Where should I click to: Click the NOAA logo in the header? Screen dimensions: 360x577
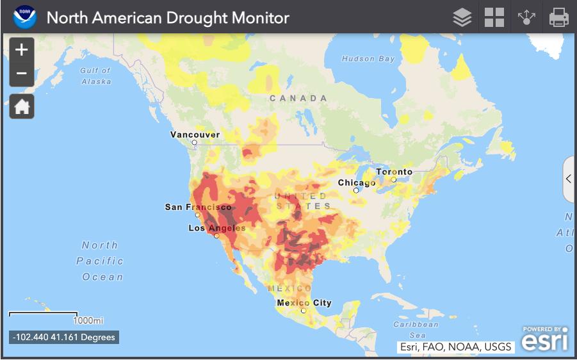pyautogui.click(x=24, y=17)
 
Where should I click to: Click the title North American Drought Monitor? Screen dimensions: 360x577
pyautogui.click(x=168, y=17)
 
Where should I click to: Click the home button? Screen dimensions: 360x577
pyautogui.click(x=22, y=106)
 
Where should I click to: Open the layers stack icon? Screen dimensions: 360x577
pyautogui.click(x=462, y=17)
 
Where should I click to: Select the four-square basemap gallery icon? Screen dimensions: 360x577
pyautogui.click(x=494, y=17)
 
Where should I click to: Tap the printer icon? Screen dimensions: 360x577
pyautogui.click(x=558, y=17)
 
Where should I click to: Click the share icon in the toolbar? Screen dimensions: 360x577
pyautogui.click(x=526, y=17)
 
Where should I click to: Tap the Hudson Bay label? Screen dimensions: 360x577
pyautogui.click(x=368, y=59)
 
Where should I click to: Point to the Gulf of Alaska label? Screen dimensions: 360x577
pyautogui.click(x=95, y=76)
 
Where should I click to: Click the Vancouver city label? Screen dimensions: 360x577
pyautogui.click(x=195, y=135)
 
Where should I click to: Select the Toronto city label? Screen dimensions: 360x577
pyautogui.click(x=394, y=172)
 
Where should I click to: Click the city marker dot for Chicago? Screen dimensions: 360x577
pyautogui.click(x=356, y=190)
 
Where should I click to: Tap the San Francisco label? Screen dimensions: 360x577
pyautogui.click(x=198, y=207)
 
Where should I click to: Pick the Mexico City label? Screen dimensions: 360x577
pyautogui.click(x=304, y=302)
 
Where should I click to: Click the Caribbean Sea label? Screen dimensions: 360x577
pyautogui.click(x=417, y=329)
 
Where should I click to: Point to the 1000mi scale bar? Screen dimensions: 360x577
pyautogui.click(x=44, y=315)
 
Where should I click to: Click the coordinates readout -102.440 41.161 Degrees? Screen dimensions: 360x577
pyautogui.click(x=64, y=337)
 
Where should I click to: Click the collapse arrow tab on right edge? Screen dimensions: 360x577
pyautogui.click(x=568, y=179)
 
